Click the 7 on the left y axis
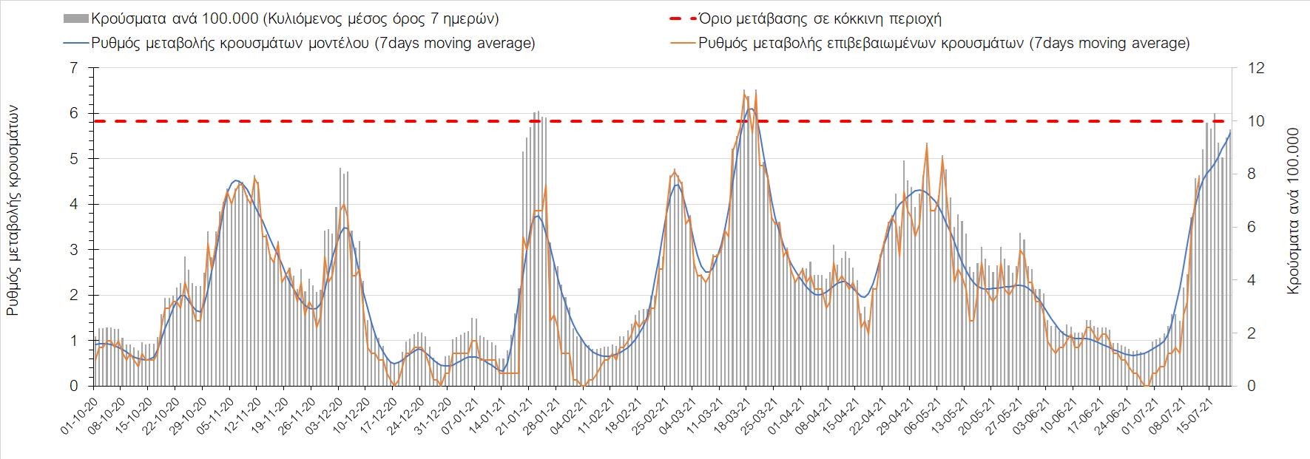point(72,68)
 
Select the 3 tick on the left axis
point(72,250)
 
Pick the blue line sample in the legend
point(76,43)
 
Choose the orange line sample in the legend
point(683,43)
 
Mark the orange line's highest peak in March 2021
point(744,90)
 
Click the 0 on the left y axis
point(72,386)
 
